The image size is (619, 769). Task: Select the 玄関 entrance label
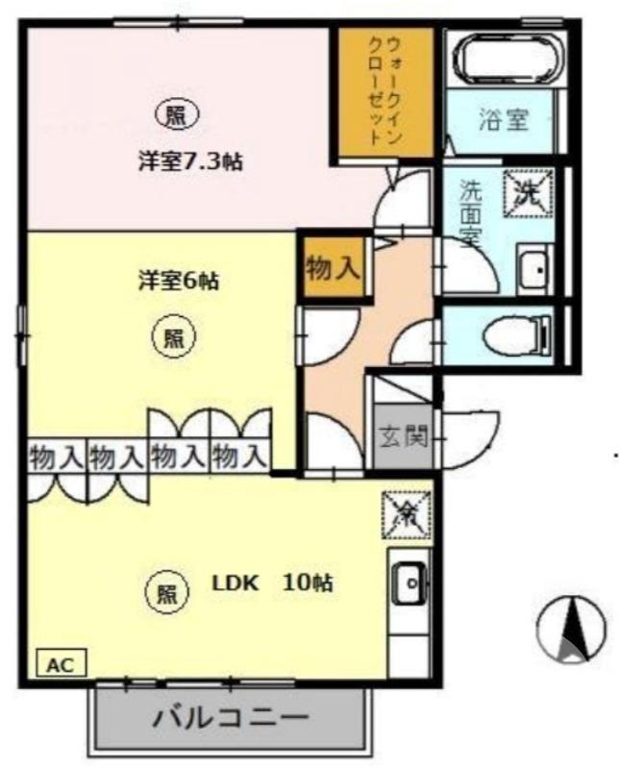pos(402,437)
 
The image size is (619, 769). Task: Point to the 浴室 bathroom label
pos(504,120)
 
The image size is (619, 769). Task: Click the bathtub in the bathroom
pos(506,60)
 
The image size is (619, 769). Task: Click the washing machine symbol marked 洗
pos(529,192)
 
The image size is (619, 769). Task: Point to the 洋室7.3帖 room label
pos(188,161)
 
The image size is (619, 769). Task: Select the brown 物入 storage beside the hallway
pos(333,268)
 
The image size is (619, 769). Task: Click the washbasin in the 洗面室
pos(532,269)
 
